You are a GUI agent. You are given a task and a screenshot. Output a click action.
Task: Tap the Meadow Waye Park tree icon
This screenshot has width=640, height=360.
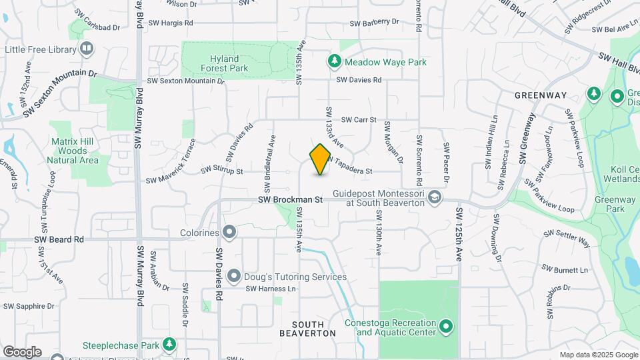pyautogui.click(x=334, y=61)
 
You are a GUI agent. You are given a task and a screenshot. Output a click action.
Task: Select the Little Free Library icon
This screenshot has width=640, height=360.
pyautogui.click(x=87, y=49)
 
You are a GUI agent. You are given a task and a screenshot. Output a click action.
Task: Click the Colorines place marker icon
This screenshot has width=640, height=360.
pyautogui.click(x=229, y=233)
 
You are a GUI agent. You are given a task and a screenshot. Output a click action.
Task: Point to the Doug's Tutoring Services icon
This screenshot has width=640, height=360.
pyautogui.click(x=234, y=276)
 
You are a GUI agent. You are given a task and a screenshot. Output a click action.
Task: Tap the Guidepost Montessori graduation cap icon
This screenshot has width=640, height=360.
pyautogui.click(x=435, y=197)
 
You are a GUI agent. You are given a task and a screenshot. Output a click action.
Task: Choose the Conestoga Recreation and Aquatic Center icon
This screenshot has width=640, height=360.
pyautogui.click(x=446, y=327)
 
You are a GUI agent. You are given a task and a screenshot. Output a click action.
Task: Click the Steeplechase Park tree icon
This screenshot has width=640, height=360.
pyautogui.click(x=170, y=345)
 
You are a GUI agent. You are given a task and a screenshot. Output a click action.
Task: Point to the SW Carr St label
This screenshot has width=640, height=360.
pyautogui.click(x=359, y=120)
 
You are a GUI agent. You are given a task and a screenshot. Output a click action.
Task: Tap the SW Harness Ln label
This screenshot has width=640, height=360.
pyautogui.click(x=270, y=289)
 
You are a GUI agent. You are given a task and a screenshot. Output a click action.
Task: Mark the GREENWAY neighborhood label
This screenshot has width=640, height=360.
pyautogui.click(x=540, y=95)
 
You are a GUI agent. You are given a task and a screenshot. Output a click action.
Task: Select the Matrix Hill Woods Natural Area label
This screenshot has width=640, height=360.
pyautogui.click(x=74, y=151)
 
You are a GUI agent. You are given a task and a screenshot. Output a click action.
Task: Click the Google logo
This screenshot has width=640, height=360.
pyautogui.click(x=22, y=351)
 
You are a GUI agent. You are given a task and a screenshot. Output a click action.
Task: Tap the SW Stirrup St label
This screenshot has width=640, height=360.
pyautogui.click(x=222, y=171)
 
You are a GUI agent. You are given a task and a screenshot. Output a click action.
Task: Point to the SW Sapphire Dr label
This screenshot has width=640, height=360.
pyautogui.click(x=29, y=307)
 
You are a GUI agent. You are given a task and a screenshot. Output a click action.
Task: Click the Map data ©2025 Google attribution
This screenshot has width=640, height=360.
pyautogui.click(x=598, y=355)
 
